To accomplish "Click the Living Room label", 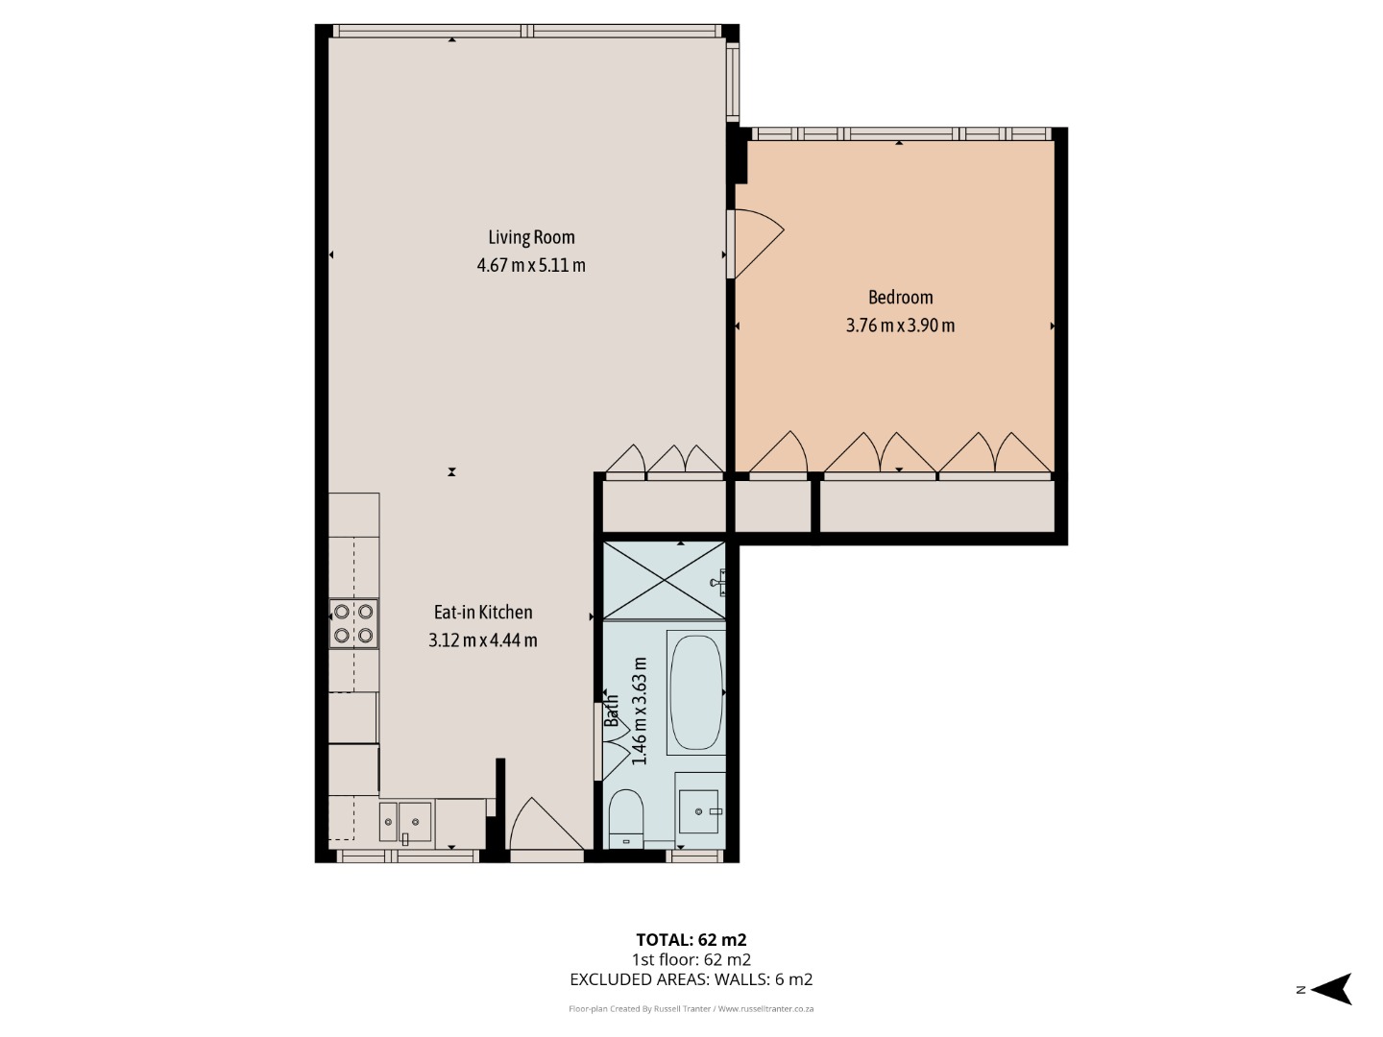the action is pyautogui.click(x=531, y=237).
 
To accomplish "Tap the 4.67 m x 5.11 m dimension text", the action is pyautogui.click(x=531, y=265).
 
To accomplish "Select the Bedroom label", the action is pyautogui.click(x=900, y=298).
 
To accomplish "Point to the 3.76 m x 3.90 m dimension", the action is pyautogui.click(x=900, y=326).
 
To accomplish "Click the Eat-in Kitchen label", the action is pyautogui.click(x=483, y=612).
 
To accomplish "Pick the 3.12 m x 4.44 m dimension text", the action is pyautogui.click(x=483, y=640).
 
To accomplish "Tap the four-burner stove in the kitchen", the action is pyautogui.click(x=353, y=623).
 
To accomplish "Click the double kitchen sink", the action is pyautogui.click(x=405, y=822).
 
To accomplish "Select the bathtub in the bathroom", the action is pyautogui.click(x=696, y=692).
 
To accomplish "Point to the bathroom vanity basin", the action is pyautogui.click(x=699, y=811).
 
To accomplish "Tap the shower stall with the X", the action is pyautogui.click(x=665, y=581).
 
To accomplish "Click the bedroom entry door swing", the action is pyautogui.click(x=757, y=243).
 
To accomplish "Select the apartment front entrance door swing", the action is pyautogui.click(x=546, y=825).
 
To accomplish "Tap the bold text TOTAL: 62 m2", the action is pyautogui.click(x=691, y=940).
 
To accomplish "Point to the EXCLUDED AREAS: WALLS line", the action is pyautogui.click(x=691, y=979).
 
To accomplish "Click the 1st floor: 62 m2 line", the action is pyautogui.click(x=691, y=960).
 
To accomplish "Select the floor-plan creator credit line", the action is pyautogui.click(x=691, y=1008).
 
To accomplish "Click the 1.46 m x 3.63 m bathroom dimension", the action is pyautogui.click(x=641, y=711).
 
